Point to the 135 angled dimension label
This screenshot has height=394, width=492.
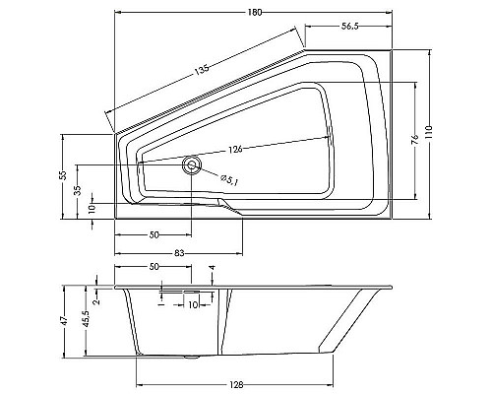[204, 75]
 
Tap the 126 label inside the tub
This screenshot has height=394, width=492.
[235, 150]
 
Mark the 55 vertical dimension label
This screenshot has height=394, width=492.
[62, 174]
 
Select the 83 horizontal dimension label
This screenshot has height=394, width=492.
[180, 254]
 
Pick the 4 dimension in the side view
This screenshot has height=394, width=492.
[213, 268]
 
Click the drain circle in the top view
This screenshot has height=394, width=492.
[190, 164]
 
